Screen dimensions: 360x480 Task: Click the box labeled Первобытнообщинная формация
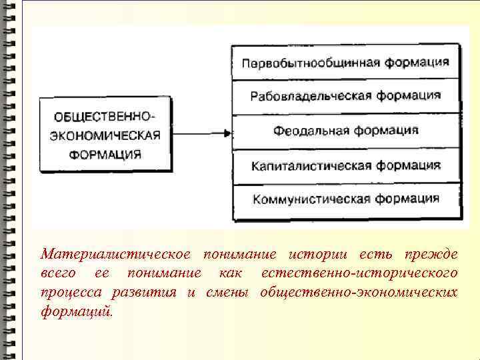click(345, 63)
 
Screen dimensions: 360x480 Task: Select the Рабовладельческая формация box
click(345, 96)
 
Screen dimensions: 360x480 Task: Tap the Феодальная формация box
click(345, 131)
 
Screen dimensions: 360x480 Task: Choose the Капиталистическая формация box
click(345, 165)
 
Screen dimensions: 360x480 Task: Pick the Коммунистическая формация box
click(345, 199)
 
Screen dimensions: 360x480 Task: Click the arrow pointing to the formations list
click(201, 133)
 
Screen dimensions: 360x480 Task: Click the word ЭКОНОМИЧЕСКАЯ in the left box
click(106, 135)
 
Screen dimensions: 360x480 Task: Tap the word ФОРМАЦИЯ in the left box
click(106, 155)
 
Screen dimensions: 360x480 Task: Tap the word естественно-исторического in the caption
click(359, 273)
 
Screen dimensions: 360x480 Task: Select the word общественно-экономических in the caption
click(359, 292)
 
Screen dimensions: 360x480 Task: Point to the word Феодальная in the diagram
click(305, 131)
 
